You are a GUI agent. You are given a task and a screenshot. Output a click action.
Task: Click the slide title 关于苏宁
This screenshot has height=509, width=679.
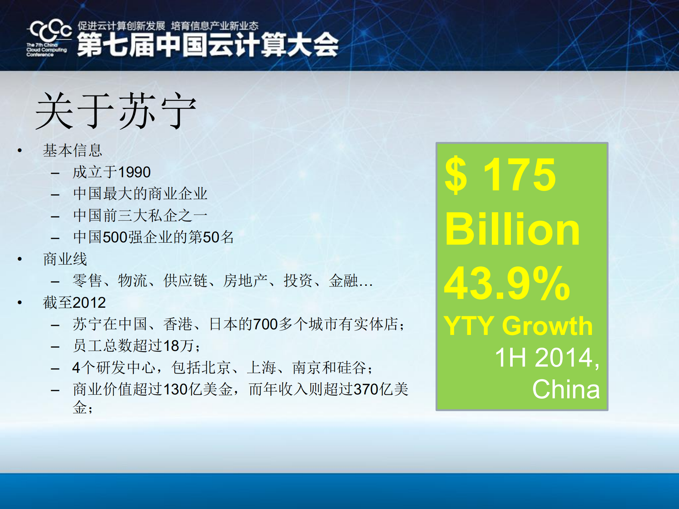116,111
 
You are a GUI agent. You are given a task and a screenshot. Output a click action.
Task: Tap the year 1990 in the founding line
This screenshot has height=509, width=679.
134,172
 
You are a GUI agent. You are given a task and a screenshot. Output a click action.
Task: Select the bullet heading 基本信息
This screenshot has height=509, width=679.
73,150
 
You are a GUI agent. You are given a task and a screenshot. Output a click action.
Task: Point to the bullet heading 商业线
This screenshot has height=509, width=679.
65,259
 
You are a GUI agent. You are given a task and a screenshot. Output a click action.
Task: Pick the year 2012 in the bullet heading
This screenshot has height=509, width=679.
89,303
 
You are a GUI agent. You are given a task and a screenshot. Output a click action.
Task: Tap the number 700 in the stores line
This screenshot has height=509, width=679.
265,324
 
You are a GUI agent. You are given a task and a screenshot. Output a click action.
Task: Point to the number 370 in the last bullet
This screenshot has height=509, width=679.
366,389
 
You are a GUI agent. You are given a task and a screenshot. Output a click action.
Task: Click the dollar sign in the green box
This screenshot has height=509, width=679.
456,175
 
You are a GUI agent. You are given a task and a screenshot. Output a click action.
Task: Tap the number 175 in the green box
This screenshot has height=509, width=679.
519,174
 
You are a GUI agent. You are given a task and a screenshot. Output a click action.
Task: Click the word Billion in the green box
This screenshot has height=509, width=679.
512,230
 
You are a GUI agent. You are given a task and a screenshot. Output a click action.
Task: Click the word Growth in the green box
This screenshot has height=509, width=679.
547,326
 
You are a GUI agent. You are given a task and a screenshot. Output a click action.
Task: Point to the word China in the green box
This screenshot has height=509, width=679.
566,389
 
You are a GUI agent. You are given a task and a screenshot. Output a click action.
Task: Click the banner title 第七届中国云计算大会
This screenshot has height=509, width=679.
208,45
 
